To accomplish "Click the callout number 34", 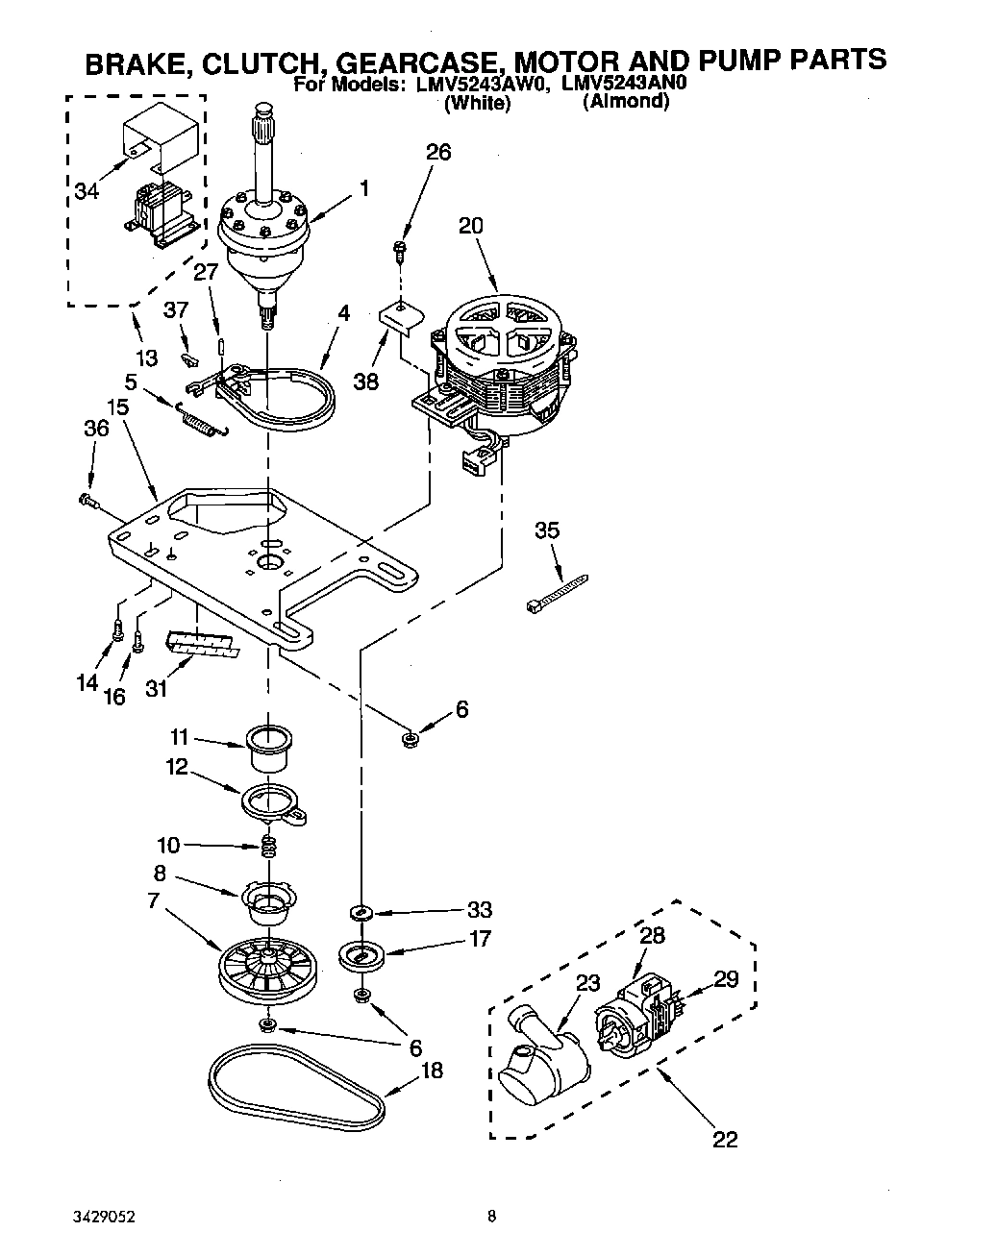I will (86, 191).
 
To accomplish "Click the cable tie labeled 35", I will (557, 593).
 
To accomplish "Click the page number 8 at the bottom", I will (491, 1216).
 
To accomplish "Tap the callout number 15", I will (117, 407).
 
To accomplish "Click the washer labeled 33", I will (361, 911).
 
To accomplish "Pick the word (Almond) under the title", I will (625, 102).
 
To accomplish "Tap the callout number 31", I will (155, 688).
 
